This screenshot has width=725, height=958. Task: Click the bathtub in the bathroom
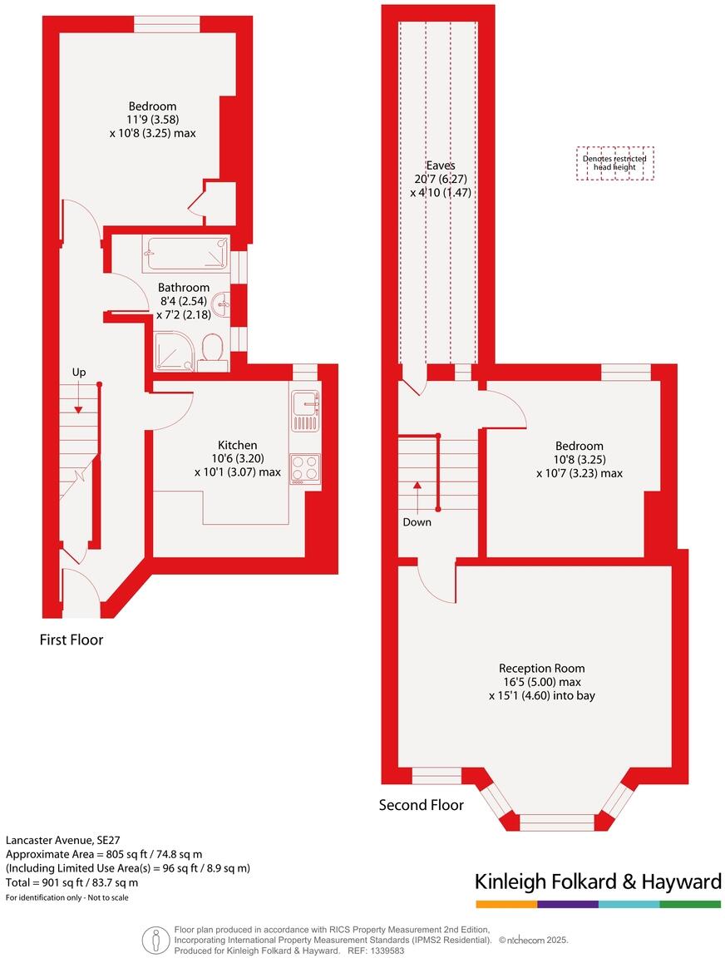[186, 254]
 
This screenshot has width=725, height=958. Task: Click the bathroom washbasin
[222, 304]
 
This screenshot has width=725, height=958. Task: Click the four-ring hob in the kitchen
[305, 468]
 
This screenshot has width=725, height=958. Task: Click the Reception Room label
[541, 668]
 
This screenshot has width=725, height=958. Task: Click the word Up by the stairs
[78, 373]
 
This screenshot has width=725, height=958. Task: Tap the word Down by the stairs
[417, 522]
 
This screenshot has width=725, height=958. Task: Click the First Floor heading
[72, 640]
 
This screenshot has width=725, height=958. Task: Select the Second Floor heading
[421, 805]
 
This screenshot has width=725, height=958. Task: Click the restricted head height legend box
[614, 163]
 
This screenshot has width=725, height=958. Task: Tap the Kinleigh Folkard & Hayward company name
[597, 881]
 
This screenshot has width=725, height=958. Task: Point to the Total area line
[72, 882]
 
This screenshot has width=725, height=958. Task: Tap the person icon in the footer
[155, 939]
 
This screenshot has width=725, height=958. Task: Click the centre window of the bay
[557, 822]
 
